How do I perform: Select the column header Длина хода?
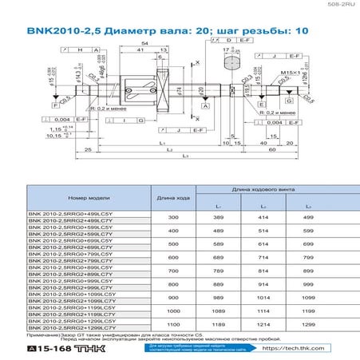tap(172, 197)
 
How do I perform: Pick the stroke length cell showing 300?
tap(172, 217)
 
